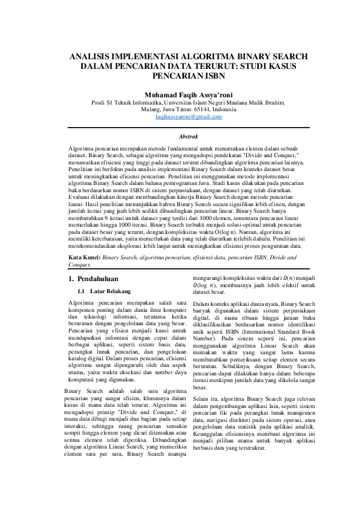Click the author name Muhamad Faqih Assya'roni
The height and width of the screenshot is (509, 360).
click(188, 95)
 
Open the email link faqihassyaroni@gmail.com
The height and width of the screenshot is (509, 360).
click(188, 117)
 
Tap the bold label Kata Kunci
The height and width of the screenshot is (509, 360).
click(84, 257)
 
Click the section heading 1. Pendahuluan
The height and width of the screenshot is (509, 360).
click(94, 279)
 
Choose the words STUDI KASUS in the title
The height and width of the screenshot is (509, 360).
click(266, 66)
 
